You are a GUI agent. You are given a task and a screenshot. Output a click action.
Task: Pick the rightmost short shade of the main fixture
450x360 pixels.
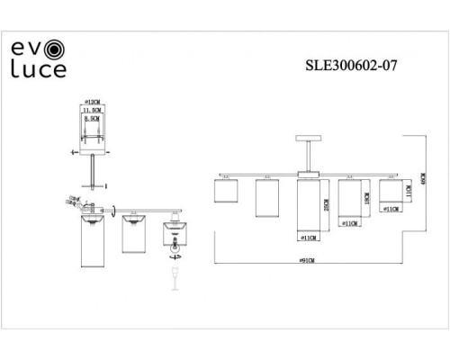click(x=390, y=190)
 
